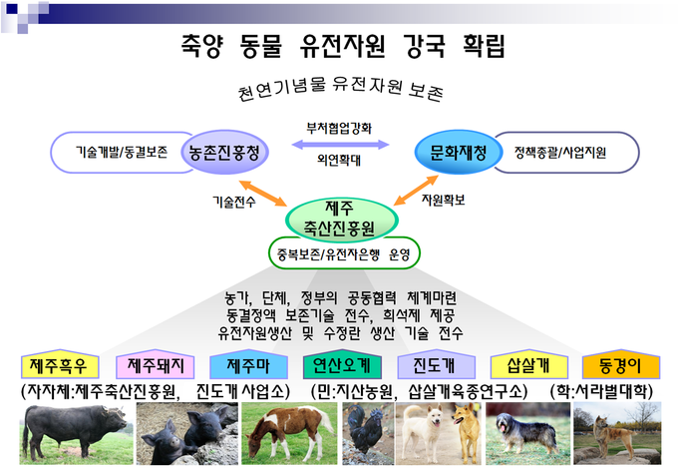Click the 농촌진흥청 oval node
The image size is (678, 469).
coord(225,153)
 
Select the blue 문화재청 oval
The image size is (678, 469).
coord(459,153)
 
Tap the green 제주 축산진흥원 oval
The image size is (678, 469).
coord(342,220)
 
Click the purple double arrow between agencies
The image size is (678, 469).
coord(340,145)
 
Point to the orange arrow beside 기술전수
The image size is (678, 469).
coord(263,194)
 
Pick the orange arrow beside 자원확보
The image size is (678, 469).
coord(416,191)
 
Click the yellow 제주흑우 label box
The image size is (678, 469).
coord(60,365)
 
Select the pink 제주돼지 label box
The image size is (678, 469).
coord(155,365)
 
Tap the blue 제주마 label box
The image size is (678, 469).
coord(248,365)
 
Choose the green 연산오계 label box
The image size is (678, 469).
coord(342,365)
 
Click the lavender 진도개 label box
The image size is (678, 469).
coord(436,365)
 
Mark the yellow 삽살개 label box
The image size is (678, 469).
coord(529,365)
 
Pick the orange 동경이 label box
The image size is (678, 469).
coord(621,365)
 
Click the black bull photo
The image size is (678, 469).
coord(76,433)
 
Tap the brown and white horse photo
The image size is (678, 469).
coord(289,433)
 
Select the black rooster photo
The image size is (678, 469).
coord(368,433)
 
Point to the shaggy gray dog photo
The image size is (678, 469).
coord(528,433)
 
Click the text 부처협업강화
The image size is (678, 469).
coord(339,128)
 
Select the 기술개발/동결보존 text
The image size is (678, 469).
coord(122,152)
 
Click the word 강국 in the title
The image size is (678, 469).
coord(424,46)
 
